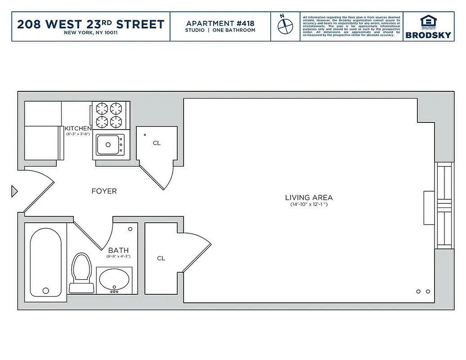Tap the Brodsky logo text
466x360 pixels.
tap(428, 35)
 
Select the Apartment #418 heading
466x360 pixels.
tap(220, 23)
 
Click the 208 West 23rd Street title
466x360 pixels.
tap(90, 24)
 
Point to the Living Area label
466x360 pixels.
tap(309, 197)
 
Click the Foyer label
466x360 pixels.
tap(104, 191)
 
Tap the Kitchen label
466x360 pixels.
tap(78, 128)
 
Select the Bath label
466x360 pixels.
tap(118, 250)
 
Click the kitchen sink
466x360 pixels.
tap(108, 144)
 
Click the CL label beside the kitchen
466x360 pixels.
tap(157, 143)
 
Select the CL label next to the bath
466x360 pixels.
tap(161, 258)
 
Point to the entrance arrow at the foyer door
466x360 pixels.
tap(14, 191)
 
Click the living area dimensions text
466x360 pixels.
tap(309, 205)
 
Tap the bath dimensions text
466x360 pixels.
tap(118, 256)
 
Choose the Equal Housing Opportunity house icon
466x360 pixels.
tap(428, 21)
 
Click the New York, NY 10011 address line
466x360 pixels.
tap(90, 33)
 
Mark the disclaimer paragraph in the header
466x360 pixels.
tap(351, 27)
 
